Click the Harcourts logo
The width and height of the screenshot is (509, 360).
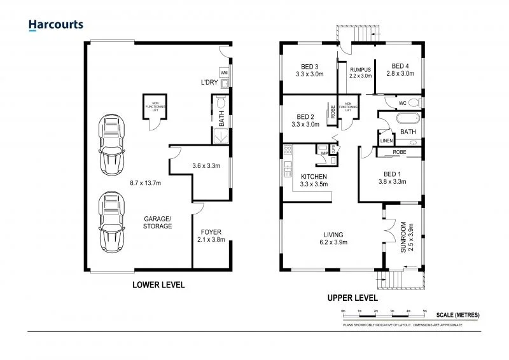click(56, 25)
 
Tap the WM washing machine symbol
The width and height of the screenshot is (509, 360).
click(224, 73)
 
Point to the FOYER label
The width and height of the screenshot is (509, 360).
click(211, 232)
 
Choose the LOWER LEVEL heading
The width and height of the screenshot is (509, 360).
click(158, 285)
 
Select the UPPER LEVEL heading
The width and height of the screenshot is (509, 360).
click(352, 298)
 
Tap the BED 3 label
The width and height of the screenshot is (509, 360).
click(310, 66)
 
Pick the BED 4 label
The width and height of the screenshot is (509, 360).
click(400, 66)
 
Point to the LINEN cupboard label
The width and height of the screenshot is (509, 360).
click(386, 141)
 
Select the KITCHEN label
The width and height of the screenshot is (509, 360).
click(314, 176)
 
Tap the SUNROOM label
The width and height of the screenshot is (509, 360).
click(403, 236)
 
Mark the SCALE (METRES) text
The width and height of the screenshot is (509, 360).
click(458, 315)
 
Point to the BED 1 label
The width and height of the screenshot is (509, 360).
click(391, 173)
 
